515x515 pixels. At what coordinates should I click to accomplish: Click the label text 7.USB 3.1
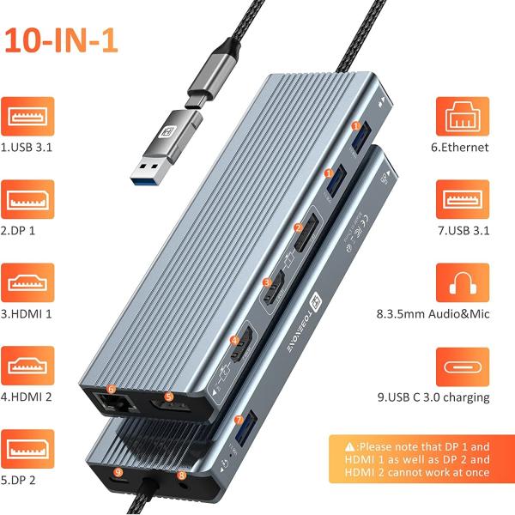click(462, 231)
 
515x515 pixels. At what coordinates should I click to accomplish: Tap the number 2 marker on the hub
click(299, 229)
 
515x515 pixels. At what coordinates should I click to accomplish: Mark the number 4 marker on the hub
click(234, 342)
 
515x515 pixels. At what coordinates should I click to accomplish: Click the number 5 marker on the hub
click(169, 397)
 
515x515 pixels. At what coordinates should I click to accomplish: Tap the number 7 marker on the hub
click(238, 421)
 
